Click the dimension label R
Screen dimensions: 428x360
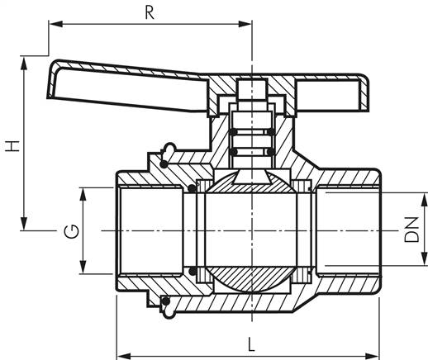[150, 13]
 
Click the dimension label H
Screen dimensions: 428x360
[12, 146]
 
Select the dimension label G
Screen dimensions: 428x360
[71, 231]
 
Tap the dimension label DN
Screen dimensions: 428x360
[411, 230]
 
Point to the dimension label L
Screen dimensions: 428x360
[251, 345]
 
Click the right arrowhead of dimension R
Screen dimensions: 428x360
[245, 24]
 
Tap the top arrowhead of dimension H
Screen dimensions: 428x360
[24, 64]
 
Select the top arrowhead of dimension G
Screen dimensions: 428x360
[83, 195]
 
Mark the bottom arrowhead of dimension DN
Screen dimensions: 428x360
[425, 259]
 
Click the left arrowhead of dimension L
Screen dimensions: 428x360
[124, 355]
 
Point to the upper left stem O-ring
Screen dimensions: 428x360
[233, 132]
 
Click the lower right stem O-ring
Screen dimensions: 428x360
[271, 152]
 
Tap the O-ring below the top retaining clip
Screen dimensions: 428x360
[164, 164]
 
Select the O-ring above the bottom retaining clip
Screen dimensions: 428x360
[166, 301]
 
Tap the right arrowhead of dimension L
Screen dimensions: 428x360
[373, 355]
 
